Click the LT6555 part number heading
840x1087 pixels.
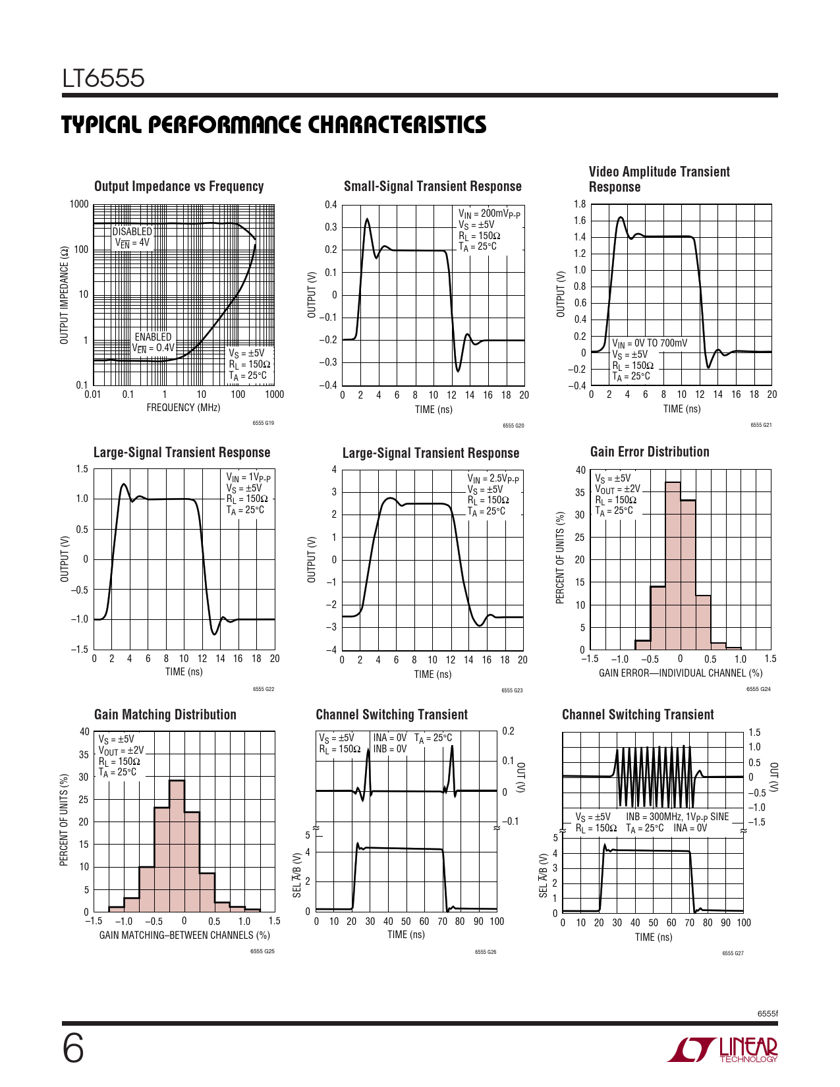(x=103, y=79)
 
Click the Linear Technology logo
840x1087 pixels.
(x=723, y=1049)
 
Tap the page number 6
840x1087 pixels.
(x=73, y=1049)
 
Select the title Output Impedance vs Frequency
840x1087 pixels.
(x=179, y=186)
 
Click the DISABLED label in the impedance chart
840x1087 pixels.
(x=132, y=231)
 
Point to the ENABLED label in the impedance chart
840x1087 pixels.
(x=153, y=337)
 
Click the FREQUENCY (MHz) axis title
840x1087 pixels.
(x=183, y=408)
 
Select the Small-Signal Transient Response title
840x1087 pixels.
(x=432, y=186)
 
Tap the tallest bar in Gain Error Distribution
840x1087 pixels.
(x=673, y=567)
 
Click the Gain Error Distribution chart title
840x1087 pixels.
(x=650, y=452)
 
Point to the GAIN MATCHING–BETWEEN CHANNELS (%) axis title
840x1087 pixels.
(x=184, y=935)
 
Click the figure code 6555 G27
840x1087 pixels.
(x=733, y=953)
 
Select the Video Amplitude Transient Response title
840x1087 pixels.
(x=659, y=179)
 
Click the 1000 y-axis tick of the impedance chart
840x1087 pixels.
(x=79, y=204)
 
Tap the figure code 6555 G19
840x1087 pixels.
(x=263, y=423)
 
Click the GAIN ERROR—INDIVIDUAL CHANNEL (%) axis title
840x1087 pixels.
(x=681, y=673)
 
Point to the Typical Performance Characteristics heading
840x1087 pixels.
(x=274, y=125)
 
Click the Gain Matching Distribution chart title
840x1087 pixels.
(x=165, y=715)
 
